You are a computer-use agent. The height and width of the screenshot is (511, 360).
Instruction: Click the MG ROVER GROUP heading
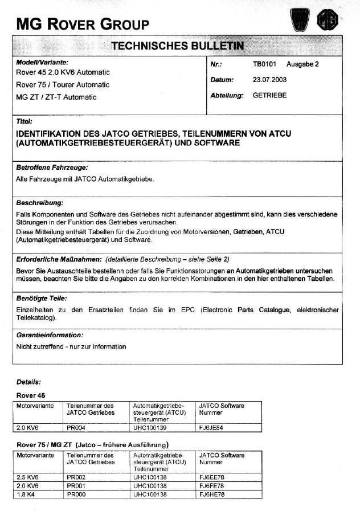[83, 23]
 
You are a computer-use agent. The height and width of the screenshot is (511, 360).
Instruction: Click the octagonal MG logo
[328, 21]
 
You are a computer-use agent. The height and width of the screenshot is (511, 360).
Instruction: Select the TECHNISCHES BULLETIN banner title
[177, 45]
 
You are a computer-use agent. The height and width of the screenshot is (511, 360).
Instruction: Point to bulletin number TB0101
[264, 64]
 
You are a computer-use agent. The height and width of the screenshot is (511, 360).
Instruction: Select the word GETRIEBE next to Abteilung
[269, 95]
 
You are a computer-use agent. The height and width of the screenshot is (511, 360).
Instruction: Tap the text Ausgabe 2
[303, 64]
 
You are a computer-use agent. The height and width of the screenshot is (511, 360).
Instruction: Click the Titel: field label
[24, 121]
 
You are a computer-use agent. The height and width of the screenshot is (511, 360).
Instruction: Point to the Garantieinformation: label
[50, 335]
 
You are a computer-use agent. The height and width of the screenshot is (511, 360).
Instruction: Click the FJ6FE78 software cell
[211, 486]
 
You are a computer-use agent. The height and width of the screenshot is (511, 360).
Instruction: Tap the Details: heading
[28, 382]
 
